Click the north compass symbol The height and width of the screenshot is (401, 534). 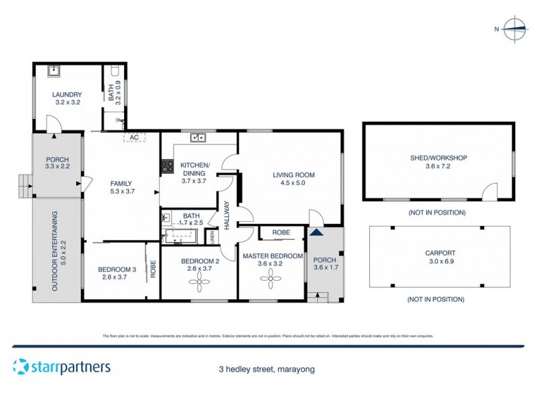click(515, 28)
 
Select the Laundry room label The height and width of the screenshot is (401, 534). click(67, 94)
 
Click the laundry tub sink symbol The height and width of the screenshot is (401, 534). click(53, 70)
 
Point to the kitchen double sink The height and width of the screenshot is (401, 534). click(198, 138)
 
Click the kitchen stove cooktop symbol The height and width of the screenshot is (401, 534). click(166, 167)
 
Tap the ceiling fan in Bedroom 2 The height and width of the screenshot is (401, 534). click(199, 283)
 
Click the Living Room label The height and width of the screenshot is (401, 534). click(293, 175)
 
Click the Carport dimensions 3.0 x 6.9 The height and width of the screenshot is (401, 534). click(439, 262)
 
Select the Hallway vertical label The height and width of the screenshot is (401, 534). click(227, 216)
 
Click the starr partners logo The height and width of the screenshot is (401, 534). click(61, 366)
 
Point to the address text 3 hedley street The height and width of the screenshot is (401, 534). click(266, 369)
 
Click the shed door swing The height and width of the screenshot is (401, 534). click(491, 192)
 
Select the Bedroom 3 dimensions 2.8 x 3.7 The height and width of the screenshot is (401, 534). click(114, 277)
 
